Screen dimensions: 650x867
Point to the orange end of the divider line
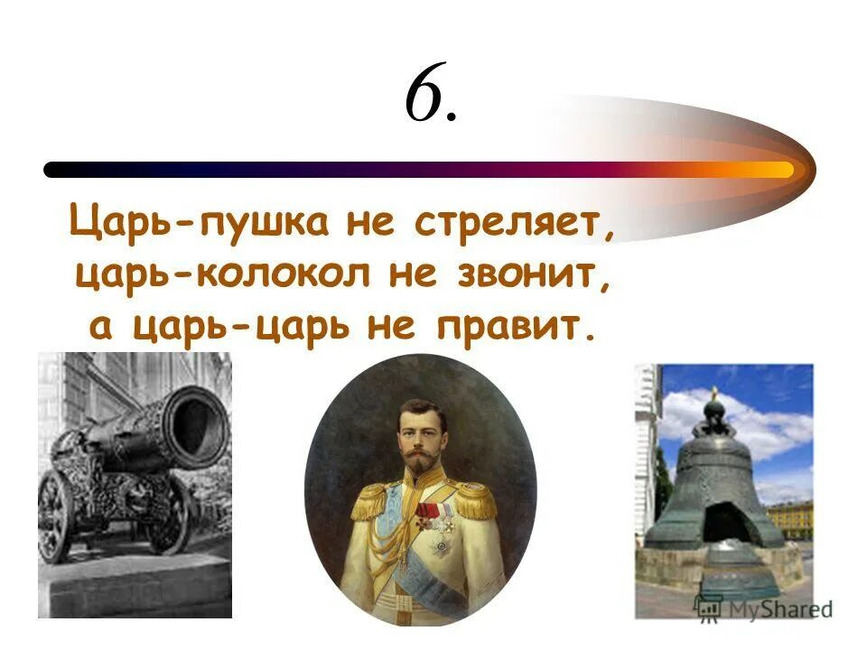coord(777,170)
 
